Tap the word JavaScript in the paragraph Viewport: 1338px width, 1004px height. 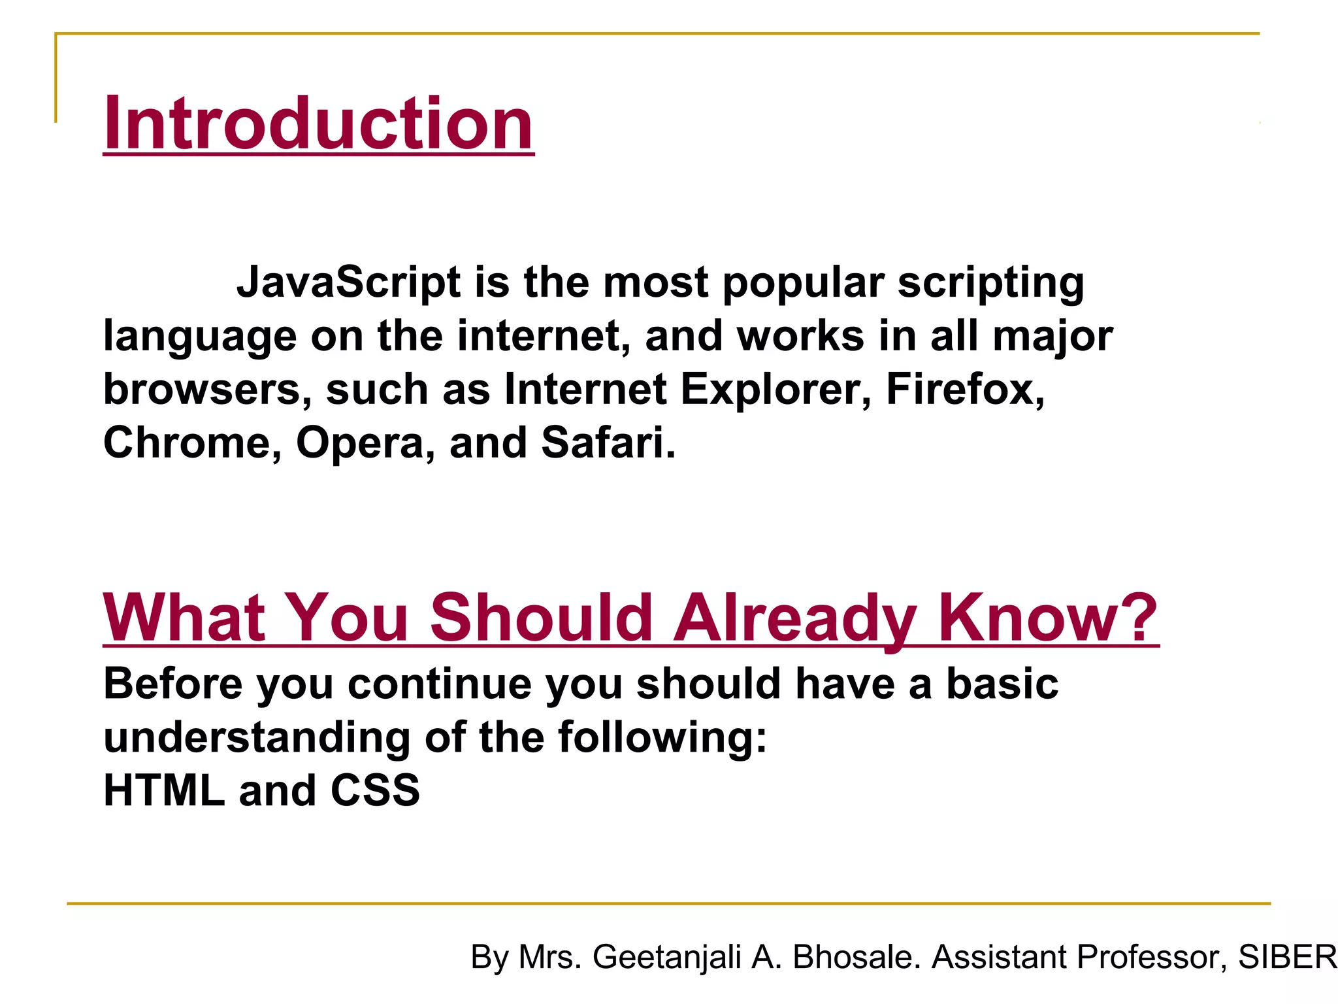(x=349, y=282)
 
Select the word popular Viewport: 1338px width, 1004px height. (x=803, y=284)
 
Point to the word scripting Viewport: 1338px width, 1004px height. (x=990, y=284)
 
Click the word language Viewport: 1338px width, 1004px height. (x=200, y=337)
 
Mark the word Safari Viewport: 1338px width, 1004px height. (x=608, y=443)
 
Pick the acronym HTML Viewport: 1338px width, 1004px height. (x=164, y=791)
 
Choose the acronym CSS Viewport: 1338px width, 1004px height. (x=375, y=791)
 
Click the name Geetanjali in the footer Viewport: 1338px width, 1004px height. (x=667, y=958)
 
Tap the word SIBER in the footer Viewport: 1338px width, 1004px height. (x=1287, y=957)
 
